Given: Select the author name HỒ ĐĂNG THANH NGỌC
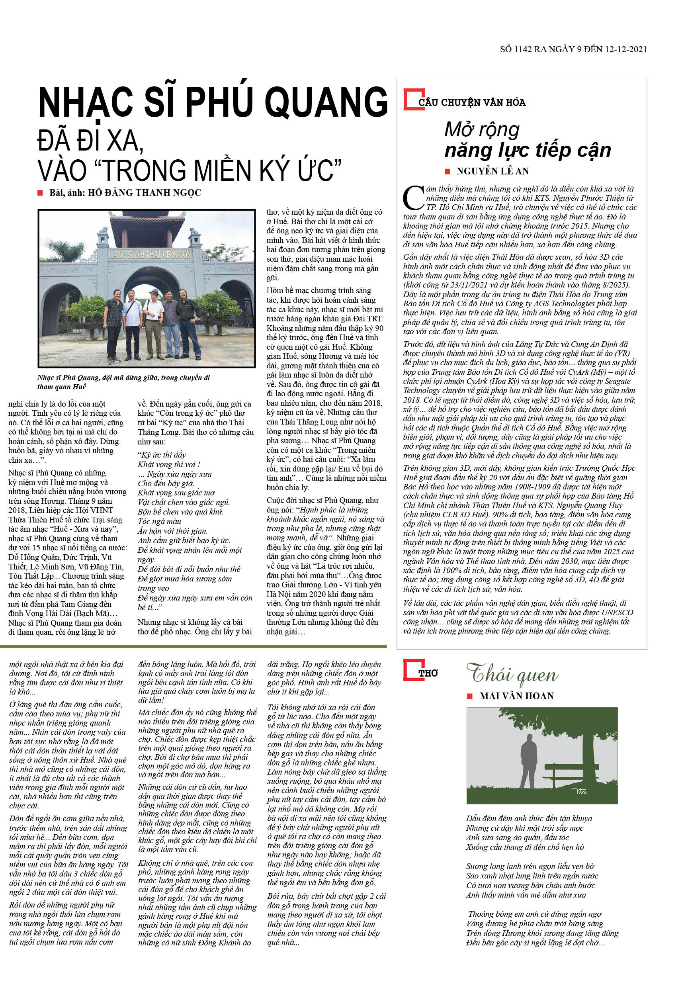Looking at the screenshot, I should click(144, 193).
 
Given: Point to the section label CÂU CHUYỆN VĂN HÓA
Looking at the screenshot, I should click(472, 103).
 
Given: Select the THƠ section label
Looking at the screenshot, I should click(428, 674).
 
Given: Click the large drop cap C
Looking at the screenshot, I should click(413, 198).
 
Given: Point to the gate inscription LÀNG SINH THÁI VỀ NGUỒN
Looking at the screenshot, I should click(150, 255).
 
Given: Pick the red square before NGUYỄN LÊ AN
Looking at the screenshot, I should click(448, 171).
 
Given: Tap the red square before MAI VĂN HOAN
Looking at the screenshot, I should click(470, 696).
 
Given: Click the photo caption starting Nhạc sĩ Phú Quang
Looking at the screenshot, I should click(123, 382).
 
